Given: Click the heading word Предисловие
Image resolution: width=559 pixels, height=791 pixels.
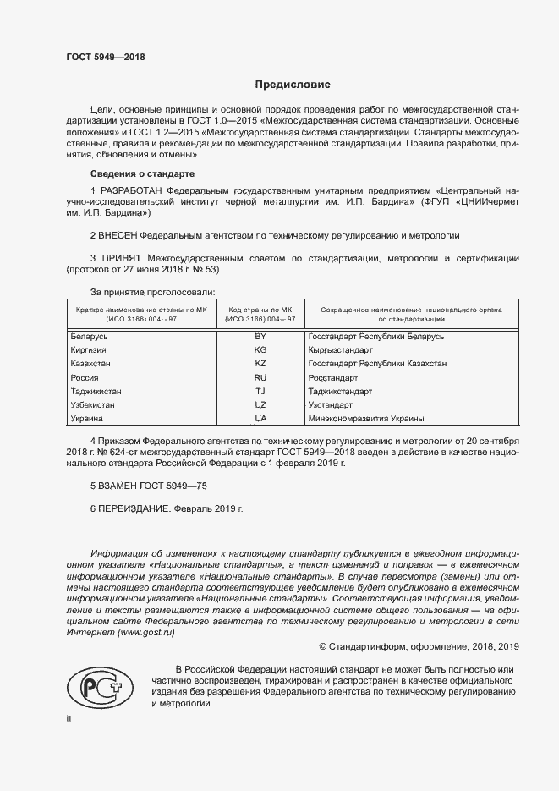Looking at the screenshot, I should [x=293, y=85].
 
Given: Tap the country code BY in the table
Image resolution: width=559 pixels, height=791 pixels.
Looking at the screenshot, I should [x=260, y=337].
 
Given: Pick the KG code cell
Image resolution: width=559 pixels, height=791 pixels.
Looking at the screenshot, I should [x=260, y=350].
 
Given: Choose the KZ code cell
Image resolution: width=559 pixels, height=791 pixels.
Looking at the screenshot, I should [x=260, y=364].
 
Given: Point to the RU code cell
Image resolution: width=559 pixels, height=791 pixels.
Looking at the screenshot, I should [x=260, y=377].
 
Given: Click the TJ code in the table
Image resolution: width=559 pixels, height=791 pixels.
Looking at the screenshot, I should [x=260, y=392].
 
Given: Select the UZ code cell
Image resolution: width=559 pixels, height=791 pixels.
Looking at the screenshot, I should [x=260, y=405].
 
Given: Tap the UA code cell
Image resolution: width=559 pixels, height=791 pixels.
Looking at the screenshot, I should [x=260, y=419].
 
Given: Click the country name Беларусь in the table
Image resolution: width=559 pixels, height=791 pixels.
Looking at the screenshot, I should [x=89, y=337].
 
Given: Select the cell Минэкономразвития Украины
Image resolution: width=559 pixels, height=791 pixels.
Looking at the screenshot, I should [x=366, y=419].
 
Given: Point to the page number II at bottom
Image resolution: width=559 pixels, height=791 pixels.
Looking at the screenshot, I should [x=69, y=718].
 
